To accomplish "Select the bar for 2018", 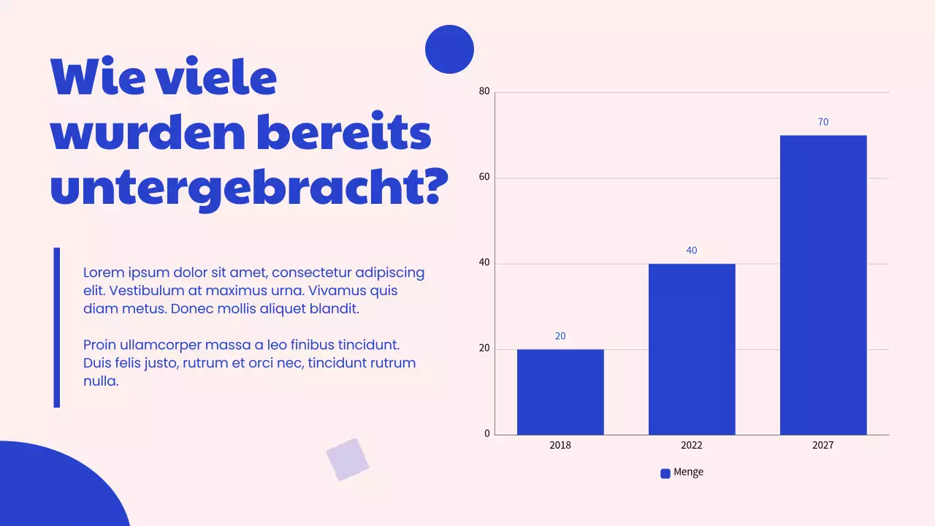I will pos(560,392).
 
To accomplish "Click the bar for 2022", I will pos(692,349).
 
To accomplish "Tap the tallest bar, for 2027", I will pos(823,285).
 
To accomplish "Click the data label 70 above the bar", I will pos(823,122).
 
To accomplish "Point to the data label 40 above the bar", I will pos(692,251).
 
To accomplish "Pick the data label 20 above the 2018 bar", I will pos(560,336).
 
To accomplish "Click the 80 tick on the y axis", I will pos(484,91).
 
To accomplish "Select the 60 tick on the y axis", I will pos(484,178).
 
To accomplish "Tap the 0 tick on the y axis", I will pos(487,434).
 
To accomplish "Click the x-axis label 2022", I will pos(692,445).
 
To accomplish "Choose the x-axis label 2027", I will pos(823,445).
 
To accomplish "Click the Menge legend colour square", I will pos(665,473).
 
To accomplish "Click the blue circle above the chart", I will pos(449,50).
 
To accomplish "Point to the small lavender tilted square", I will pos(348,460).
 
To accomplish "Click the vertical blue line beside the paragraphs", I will pos(57,327).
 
